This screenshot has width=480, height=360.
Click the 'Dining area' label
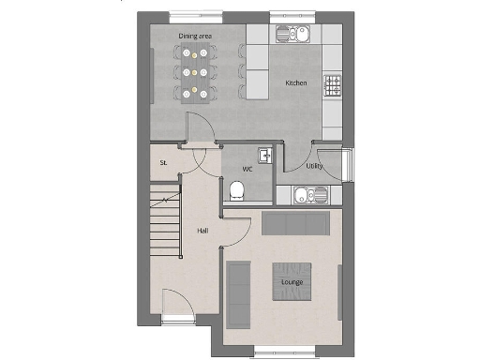(194, 37)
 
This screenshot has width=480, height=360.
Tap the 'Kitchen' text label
(295, 83)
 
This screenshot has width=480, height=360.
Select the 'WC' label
(247, 170)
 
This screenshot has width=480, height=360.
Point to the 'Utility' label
(315, 166)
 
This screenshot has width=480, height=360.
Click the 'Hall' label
(202, 230)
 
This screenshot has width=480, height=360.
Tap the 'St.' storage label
(163, 162)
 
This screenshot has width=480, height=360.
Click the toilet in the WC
(236, 192)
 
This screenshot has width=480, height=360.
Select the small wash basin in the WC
(266, 156)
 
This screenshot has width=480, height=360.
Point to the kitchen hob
(333, 86)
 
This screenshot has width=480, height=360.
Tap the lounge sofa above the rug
(295, 224)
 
